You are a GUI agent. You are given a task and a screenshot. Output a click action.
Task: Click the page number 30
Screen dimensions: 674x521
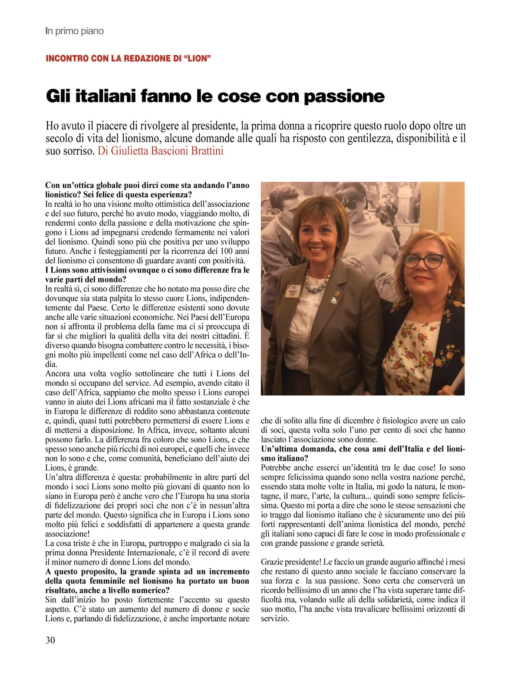pyautogui.click(x=50, y=640)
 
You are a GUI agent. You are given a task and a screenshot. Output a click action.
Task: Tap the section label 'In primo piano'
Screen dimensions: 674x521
pyautogui.click(x=74, y=31)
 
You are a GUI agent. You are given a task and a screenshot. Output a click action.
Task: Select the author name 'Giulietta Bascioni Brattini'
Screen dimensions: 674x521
pyautogui.click(x=167, y=151)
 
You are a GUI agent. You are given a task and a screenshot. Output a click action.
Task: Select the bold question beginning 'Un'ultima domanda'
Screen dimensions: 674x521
pyautogui.click(x=363, y=454)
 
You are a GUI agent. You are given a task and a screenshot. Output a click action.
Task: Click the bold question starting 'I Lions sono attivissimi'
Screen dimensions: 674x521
pyautogui.click(x=147, y=275)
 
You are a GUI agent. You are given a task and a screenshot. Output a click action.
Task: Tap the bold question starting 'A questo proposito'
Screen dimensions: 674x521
pyautogui.click(x=147, y=581)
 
